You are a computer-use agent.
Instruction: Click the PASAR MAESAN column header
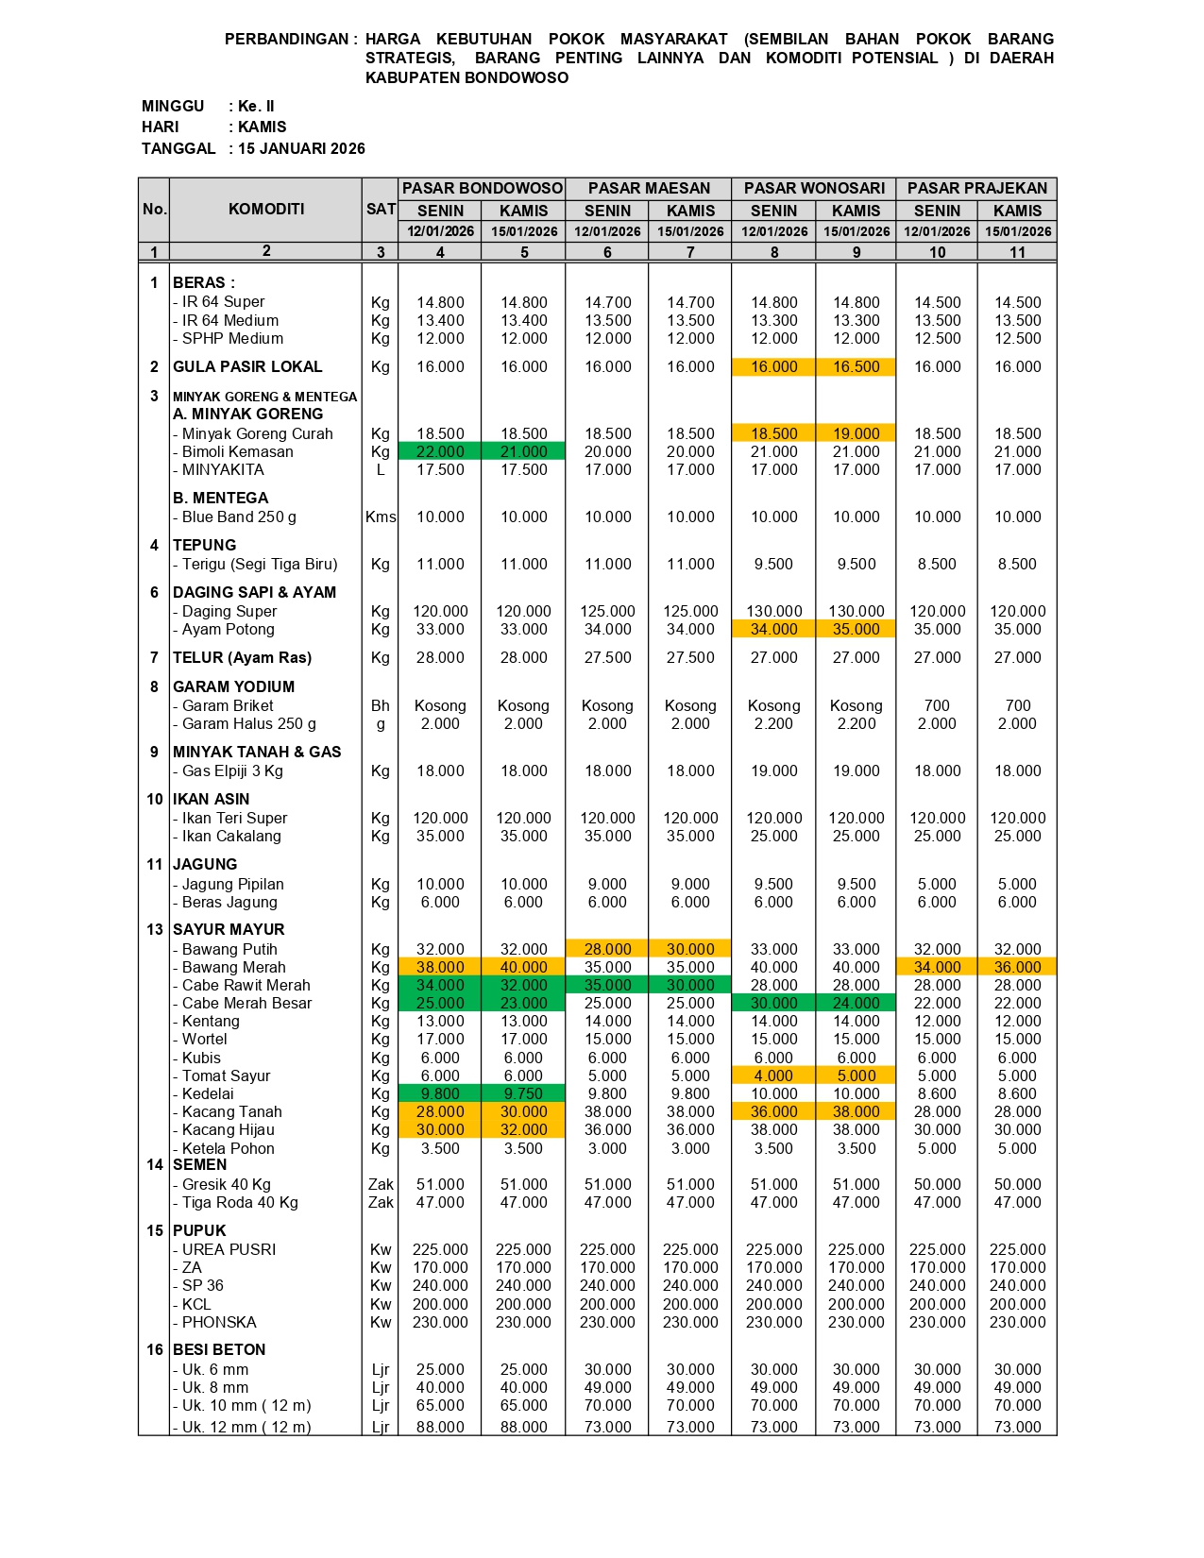pyautogui.click(x=649, y=188)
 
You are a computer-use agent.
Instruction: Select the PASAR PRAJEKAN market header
pyautogui.click(x=976, y=188)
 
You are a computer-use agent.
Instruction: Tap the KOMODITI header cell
pyautogui.click(x=265, y=209)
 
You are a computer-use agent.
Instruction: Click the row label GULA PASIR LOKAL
pyautogui.click(x=247, y=366)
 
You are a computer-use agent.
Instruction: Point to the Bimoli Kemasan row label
pyautogui.click(x=237, y=451)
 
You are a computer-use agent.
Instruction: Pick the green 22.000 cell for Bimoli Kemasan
pyautogui.click(x=440, y=451)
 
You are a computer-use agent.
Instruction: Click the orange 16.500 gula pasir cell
pyautogui.click(x=856, y=366)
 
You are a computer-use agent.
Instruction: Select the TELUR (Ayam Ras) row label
pyautogui.click(x=242, y=657)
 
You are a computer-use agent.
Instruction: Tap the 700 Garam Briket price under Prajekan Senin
pyautogui.click(x=937, y=705)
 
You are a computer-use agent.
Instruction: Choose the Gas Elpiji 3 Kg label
pyautogui.click(x=232, y=771)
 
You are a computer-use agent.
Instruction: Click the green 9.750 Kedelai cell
pyautogui.click(x=523, y=1093)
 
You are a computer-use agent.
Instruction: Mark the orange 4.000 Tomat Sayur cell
pyautogui.click(x=773, y=1075)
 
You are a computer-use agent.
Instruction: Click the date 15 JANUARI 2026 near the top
pyautogui.click(x=301, y=148)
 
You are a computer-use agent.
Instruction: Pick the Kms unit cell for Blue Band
pyautogui.click(x=381, y=517)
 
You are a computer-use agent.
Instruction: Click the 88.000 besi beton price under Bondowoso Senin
pyautogui.click(x=440, y=1427)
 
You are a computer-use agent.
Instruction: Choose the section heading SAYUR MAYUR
pyautogui.click(x=229, y=929)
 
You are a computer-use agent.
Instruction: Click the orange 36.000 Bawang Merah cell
pyautogui.click(x=1017, y=967)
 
